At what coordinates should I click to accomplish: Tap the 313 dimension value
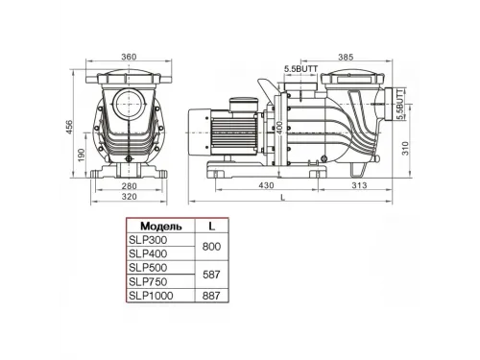tap(359, 188)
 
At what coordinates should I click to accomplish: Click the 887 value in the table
tap(211, 297)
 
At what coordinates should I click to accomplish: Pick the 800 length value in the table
tap(211, 247)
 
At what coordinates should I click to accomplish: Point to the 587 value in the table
tap(211, 275)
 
